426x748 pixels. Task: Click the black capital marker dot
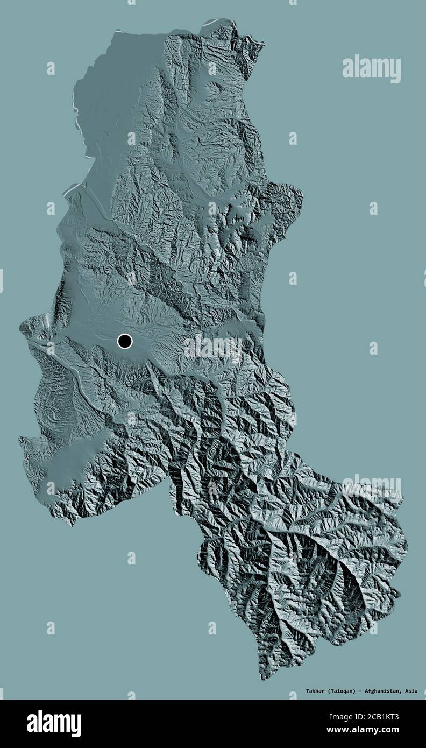click(125, 341)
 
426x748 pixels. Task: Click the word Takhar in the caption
click(316, 690)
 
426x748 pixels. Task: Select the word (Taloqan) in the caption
click(342, 690)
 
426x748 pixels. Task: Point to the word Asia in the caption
click(411, 690)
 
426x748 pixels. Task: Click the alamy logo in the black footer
click(54, 724)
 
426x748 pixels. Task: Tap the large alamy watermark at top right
click(371, 69)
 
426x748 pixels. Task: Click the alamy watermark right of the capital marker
click(213, 348)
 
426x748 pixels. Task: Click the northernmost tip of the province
click(226, 20)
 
